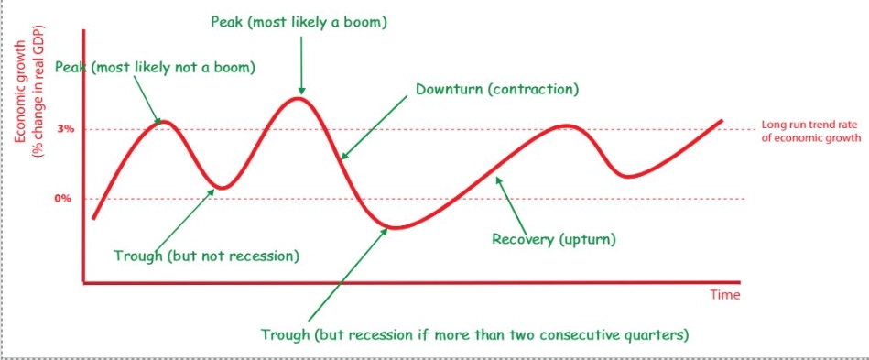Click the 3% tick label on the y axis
coord(66,129)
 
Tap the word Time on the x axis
coord(724,295)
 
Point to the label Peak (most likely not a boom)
coord(155,67)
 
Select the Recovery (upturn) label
coord(554,240)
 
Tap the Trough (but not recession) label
coord(206,256)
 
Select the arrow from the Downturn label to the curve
coord(375,127)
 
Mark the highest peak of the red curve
coord(299,97)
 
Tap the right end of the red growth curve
coord(722,121)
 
